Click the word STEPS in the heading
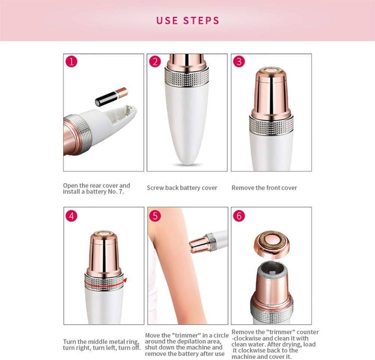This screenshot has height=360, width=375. click(201, 21)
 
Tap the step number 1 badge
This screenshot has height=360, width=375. click(72, 62)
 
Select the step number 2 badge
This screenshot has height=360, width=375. click(155, 62)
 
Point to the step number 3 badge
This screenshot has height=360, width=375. click(239, 62)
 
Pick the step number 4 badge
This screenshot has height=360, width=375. click(72, 216)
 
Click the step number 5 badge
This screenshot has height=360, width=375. click(155, 216)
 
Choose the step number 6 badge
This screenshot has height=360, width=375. click(239, 216)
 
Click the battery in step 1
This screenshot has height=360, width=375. click(111, 97)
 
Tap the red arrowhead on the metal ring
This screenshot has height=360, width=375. click(125, 281)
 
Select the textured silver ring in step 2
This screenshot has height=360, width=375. click(187, 77)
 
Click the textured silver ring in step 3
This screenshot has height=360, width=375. click(271, 124)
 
